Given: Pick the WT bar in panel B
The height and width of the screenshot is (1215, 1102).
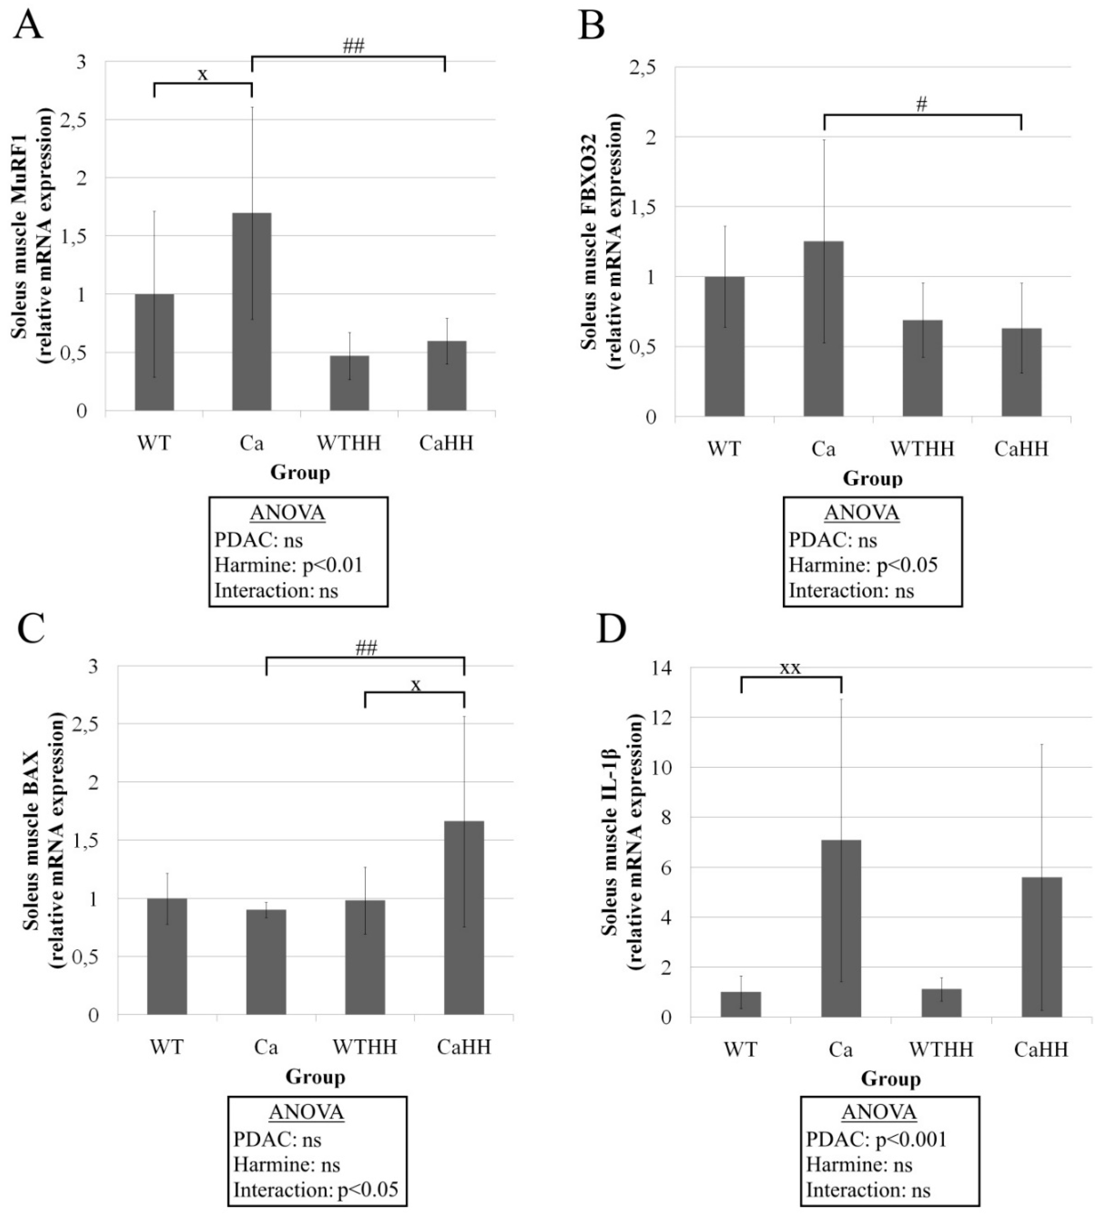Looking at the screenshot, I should point(724,347).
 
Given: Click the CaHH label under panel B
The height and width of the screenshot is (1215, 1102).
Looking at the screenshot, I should point(1021,449).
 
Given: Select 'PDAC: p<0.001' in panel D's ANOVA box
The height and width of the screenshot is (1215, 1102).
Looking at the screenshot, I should point(876,1139).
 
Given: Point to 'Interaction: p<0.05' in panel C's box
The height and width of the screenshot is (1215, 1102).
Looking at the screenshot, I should point(316,1190).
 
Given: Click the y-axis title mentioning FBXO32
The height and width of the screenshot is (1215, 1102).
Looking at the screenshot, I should point(597,241).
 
